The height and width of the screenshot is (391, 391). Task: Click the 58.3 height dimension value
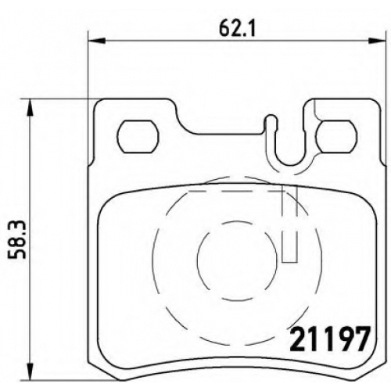pyautogui.click(x=16, y=239)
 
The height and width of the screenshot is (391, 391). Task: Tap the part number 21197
pyautogui.click(x=330, y=339)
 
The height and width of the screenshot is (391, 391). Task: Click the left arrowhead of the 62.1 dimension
pyautogui.click(x=97, y=41)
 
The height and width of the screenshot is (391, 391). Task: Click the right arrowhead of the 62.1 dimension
pyautogui.click(x=377, y=41)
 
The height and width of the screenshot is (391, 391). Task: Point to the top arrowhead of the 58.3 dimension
pyautogui.click(x=30, y=107)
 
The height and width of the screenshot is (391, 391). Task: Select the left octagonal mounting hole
pyautogui.click(x=138, y=137)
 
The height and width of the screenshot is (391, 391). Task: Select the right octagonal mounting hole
pyautogui.click(x=336, y=137)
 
